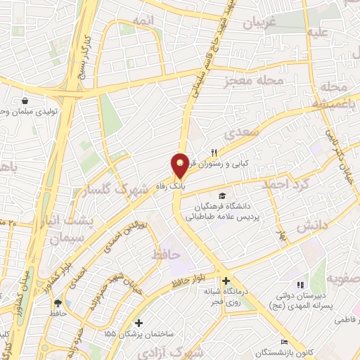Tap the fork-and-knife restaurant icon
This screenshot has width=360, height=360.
tap(214, 153)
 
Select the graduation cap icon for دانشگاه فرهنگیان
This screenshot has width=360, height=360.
tap(223, 196)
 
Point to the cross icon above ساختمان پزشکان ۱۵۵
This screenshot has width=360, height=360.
tap(139, 323)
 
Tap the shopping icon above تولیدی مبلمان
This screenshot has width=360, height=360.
tap(25, 101)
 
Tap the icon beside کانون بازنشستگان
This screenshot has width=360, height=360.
tap(284, 341)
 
